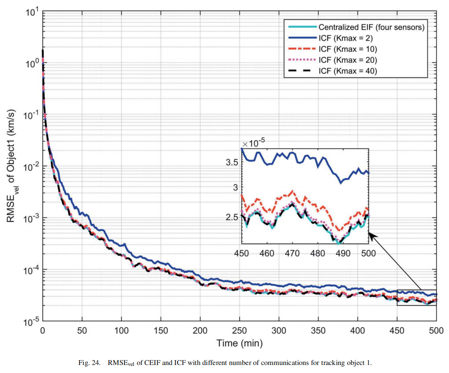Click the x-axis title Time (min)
click(x=239, y=343)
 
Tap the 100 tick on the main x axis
click(x=121, y=331)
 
